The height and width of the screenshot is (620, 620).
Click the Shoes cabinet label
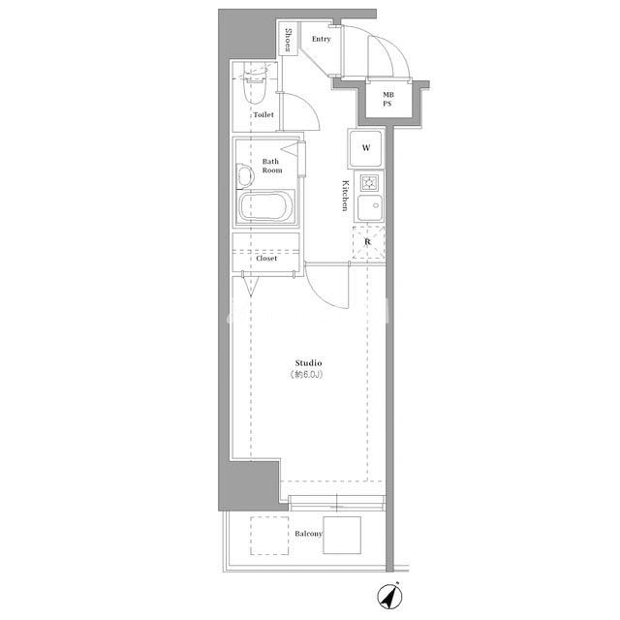289,41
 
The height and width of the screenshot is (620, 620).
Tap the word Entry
321,39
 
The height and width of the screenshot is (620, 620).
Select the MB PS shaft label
387,99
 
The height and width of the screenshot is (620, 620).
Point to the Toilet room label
263,114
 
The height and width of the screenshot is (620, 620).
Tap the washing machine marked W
366,148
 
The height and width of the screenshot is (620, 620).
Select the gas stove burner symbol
370,183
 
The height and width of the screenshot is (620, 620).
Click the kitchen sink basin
370,207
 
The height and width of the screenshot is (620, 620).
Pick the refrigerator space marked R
368,242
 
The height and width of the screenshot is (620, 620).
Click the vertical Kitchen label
345,196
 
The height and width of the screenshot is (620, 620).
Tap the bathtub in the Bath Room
266,206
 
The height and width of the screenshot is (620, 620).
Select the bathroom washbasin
245,175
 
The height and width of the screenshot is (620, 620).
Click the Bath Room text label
272,166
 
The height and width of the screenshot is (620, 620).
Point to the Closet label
266,259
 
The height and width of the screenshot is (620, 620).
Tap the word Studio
308,363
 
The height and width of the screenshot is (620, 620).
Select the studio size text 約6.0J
306,374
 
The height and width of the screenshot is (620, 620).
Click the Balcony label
309,534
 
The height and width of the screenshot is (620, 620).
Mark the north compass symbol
389,596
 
